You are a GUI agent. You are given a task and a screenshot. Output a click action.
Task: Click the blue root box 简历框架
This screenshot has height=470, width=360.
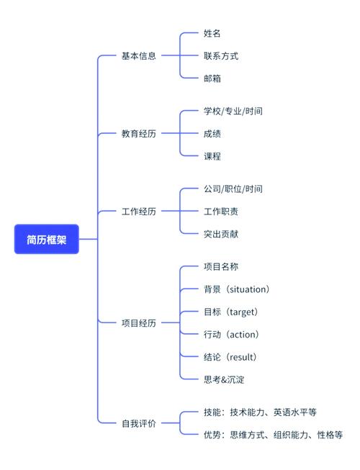(46, 240)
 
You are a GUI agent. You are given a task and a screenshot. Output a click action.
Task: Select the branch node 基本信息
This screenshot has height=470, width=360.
(139, 55)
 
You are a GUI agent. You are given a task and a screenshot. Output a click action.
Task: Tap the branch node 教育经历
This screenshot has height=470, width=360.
(139, 133)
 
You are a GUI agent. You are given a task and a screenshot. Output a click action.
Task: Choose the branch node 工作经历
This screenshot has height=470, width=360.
(139, 212)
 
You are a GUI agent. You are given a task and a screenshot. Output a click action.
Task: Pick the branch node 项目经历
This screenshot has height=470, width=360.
(139, 323)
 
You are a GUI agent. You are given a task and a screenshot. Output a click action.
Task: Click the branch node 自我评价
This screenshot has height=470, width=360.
(139, 424)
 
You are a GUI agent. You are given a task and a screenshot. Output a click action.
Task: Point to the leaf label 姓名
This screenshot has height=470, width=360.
(212, 33)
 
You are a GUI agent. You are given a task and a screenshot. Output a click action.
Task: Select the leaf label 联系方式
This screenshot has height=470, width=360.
(220, 55)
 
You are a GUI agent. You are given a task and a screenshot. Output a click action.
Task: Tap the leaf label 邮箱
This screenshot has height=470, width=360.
(212, 78)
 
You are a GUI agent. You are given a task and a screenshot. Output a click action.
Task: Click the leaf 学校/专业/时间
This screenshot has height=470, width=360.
(233, 111)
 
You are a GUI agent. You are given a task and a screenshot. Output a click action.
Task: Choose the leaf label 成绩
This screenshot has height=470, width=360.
(212, 133)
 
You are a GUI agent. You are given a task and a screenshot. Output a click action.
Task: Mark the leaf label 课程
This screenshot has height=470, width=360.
(212, 156)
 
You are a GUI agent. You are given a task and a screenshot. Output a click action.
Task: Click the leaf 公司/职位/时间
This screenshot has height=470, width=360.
(233, 189)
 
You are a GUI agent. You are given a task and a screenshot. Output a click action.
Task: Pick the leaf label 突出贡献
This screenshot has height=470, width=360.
(220, 234)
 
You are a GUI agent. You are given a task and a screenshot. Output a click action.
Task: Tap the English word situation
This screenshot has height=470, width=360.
(248, 289)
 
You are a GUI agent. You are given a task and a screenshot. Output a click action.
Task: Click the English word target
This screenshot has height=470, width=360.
(242, 312)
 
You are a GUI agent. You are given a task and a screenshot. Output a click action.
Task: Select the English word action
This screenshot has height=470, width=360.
(243, 335)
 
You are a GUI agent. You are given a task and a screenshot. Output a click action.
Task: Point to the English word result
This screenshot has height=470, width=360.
(241, 357)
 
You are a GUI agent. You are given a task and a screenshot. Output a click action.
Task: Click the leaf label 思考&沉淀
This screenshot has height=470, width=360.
(223, 379)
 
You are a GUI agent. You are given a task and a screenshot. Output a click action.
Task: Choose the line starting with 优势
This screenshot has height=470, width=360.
(273, 435)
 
